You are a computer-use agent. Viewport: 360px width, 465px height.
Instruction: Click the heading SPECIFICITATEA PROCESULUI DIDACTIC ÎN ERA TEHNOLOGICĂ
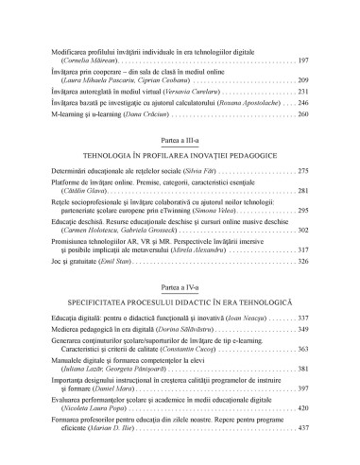pos(180,301)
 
